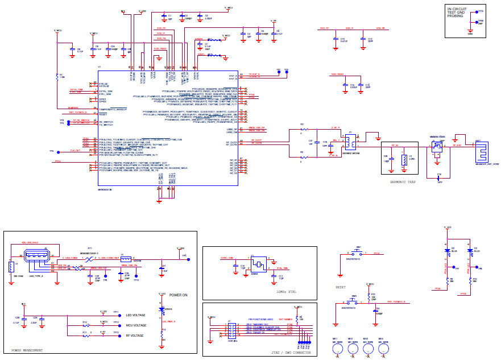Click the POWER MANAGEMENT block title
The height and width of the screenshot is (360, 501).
tap(27, 350)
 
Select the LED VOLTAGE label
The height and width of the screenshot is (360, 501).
tap(135, 315)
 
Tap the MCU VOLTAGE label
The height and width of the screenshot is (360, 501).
tap(135, 325)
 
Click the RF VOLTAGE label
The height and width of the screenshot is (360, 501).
tap(134, 335)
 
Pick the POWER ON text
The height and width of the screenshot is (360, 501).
tap(179, 295)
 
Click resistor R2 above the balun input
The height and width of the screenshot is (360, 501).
tap(303, 129)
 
